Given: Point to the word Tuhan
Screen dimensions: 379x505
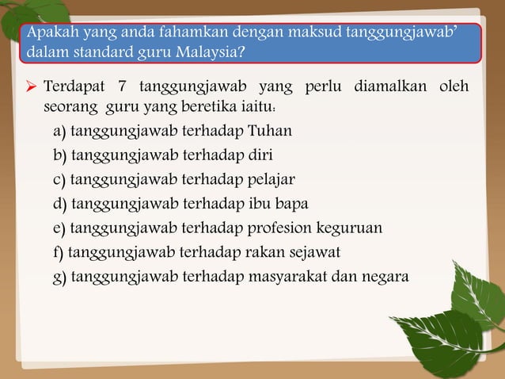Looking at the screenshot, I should pos(270,130).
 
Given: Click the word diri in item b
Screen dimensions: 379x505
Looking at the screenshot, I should pos(261,155).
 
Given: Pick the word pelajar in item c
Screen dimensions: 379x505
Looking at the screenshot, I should pos(273,179).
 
